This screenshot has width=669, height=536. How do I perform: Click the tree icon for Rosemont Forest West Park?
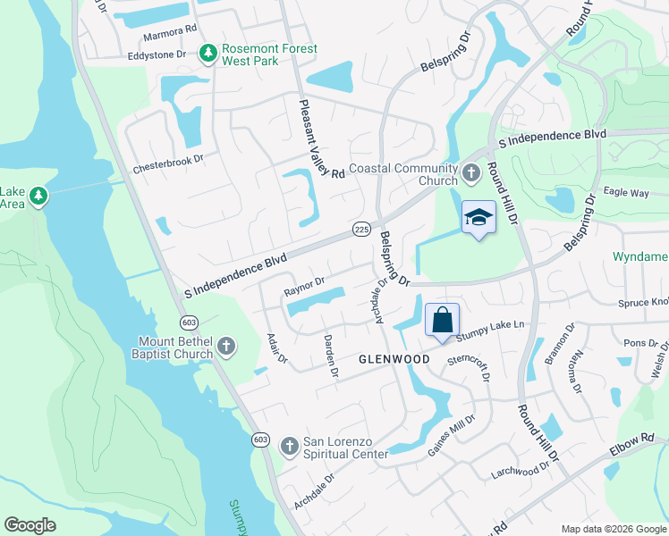(207, 54)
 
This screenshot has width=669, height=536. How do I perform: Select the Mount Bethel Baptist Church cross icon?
(226, 347)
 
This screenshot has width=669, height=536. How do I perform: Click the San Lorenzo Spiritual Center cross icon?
(289, 446)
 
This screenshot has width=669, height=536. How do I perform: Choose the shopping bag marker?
(443, 320)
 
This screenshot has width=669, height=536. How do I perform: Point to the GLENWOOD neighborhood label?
(394, 359)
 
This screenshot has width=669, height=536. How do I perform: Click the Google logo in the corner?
(30, 525)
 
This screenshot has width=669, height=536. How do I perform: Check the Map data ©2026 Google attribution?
(613, 529)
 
